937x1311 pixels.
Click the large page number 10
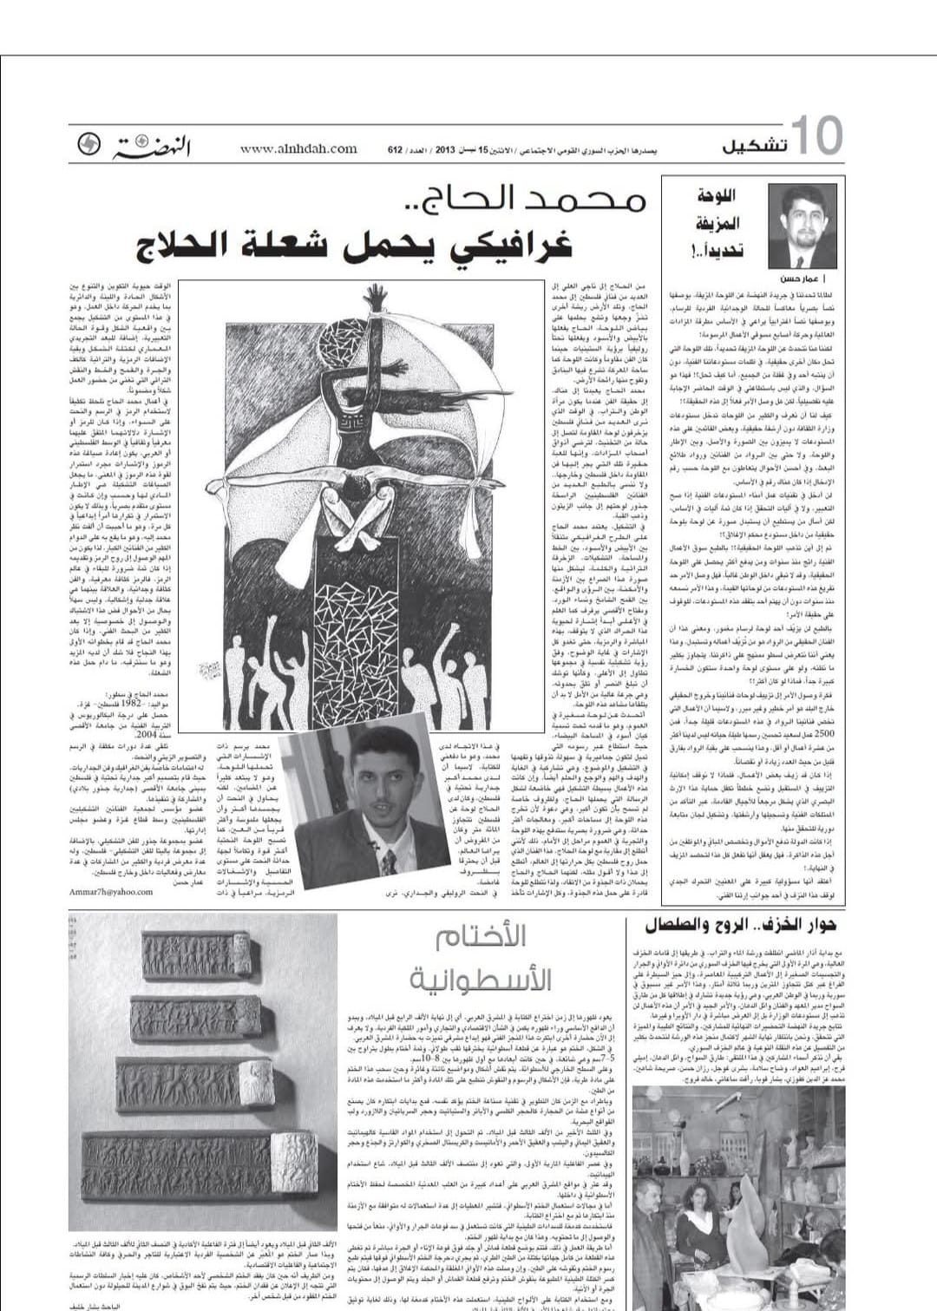[x=816, y=136]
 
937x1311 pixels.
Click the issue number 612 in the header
[x=395, y=150]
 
